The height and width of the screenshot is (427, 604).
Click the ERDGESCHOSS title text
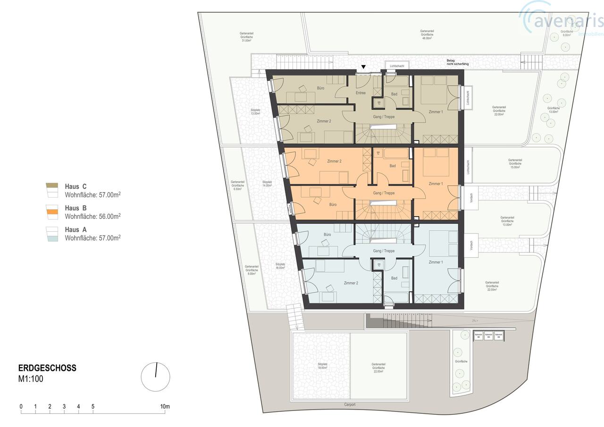click(x=47, y=368)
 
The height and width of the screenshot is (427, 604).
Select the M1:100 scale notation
click(x=31, y=378)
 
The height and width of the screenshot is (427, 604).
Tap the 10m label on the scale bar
click(x=164, y=407)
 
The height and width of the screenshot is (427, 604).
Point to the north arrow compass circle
click(x=156, y=377)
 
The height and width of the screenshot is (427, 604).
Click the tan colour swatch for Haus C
click(x=51, y=186)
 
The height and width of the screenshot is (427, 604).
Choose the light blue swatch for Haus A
click(x=51, y=239)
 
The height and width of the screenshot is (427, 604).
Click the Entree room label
click(x=361, y=93)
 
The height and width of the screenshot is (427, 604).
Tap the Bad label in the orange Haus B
click(x=392, y=166)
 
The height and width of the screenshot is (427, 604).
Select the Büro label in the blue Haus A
click(x=327, y=234)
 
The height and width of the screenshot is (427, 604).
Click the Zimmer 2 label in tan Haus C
click(x=324, y=121)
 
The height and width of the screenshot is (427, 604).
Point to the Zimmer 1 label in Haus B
click(x=436, y=184)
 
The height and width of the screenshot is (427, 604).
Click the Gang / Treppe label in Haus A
click(x=383, y=251)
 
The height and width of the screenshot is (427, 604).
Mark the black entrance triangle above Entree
click(x=363, y=67)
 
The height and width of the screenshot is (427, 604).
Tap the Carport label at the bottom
click(x=350, y=405)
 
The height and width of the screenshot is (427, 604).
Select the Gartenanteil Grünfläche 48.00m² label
click(x=427, y=34)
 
